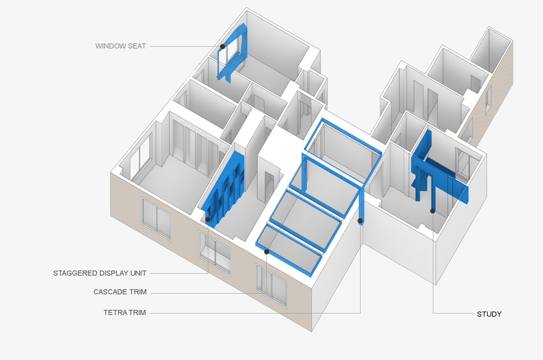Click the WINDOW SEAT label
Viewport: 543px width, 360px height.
(x=120, y=46)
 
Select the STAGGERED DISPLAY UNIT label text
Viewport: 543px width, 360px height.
(x=100, y=273)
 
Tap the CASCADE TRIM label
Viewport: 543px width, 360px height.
(x=120, y=292)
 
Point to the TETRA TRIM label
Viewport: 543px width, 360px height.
(x=124, y=313)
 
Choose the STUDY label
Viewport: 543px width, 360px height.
(x=489, y=314)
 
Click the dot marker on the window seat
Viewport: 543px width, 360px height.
(x=223, y=47)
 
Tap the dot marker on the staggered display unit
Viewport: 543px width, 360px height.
(x=208, y=220)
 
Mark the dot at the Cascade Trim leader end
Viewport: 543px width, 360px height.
(x=267, y=252)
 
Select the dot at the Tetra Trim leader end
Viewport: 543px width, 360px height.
(x=360, y=221)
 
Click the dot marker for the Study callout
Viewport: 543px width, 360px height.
(x=432, y=211)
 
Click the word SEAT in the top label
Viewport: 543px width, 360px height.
(x=137, y=46)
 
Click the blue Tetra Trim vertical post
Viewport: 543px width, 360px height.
(x=361, y=207)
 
